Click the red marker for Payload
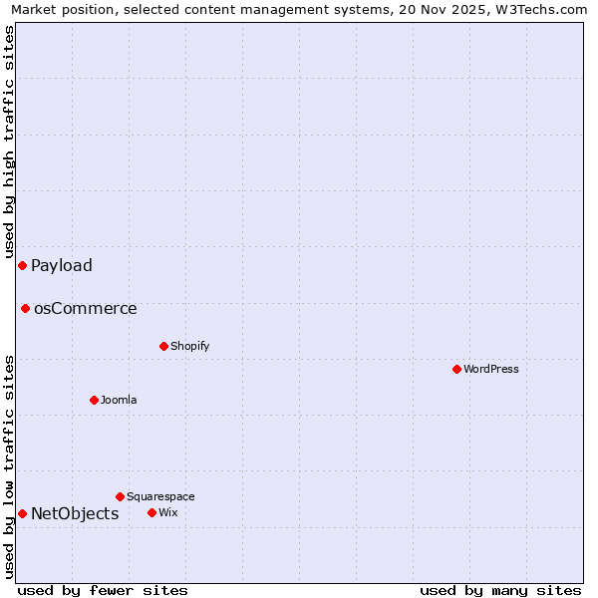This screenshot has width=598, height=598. point(22,265)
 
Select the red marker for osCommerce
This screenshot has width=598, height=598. point(25,308)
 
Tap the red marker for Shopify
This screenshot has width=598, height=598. point(163,346)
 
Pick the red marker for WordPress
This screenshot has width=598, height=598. point(456,369)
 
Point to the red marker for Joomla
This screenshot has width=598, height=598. point(94,400)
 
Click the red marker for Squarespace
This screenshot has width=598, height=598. point(120,496)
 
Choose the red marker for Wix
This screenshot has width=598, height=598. point(151,512)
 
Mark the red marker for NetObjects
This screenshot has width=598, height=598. point(22,513)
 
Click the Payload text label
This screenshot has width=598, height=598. point(62,265)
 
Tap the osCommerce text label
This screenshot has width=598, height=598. point(86,308)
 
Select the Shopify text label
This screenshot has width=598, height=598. point(189,346)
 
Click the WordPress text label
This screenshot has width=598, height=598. point(491,369)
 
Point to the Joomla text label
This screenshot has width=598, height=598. point(119,400)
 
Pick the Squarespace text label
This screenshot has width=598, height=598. point(160,496)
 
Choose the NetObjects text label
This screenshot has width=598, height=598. point(75,513)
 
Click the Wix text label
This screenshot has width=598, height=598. point(167,512)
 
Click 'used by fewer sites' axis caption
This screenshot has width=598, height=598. point(103,590)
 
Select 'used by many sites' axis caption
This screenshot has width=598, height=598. point(500,590)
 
